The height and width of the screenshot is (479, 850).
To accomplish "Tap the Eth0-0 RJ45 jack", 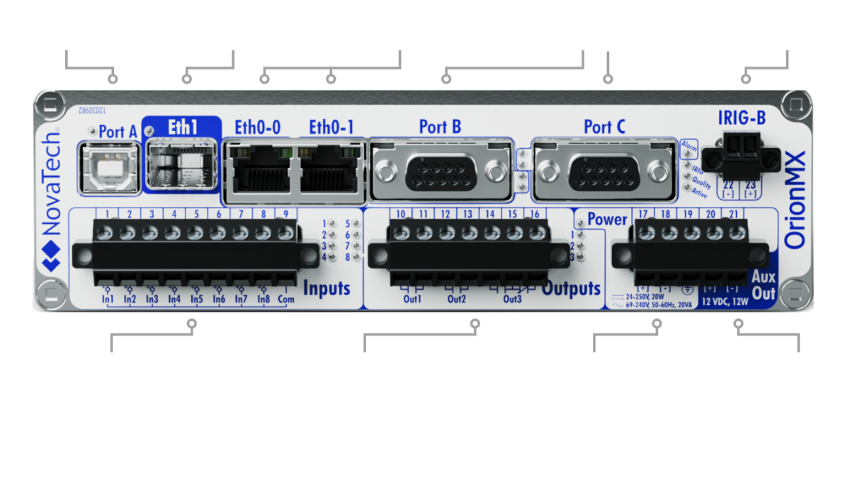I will click(256, 170).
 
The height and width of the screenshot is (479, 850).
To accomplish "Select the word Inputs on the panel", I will click(327, 288).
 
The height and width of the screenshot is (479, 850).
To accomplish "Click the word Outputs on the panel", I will click(572, 289).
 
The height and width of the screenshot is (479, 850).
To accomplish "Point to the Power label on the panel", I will click(607, 220).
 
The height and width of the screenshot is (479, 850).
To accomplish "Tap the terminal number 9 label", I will click(285, 214).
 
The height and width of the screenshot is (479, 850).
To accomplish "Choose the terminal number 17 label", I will click(643, 214).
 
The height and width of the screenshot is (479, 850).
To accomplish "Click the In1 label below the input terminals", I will click(108, 299).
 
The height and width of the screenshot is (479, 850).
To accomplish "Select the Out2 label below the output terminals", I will click(457, 299).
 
